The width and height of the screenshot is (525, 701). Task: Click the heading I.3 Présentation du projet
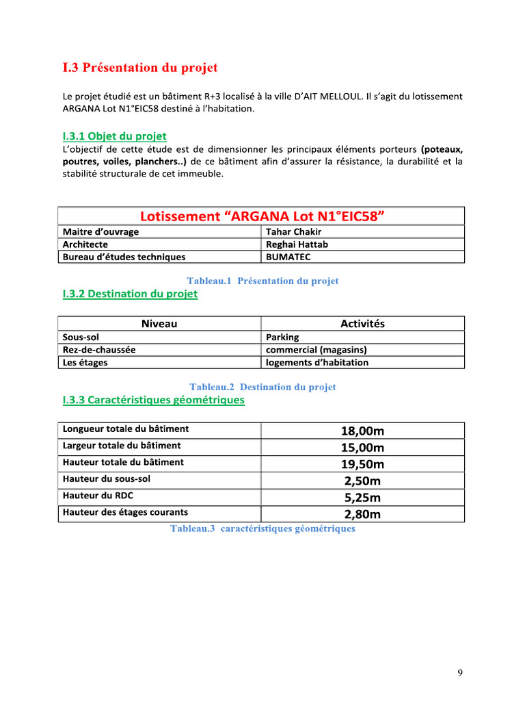click(140, 68)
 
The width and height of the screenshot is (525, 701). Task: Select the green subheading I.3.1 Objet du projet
click(114, 136)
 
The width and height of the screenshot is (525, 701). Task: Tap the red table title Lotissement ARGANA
click(262, 216)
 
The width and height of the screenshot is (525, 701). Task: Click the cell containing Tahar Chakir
click(293, 231)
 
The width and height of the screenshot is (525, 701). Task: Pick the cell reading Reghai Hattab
click(297, 244)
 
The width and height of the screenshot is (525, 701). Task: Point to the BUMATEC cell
click(288, 257)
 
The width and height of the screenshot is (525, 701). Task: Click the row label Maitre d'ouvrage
click(100, 231)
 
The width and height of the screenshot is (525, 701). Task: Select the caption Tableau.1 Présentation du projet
click(262, 281)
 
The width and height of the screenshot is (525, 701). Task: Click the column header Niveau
click(159, 324)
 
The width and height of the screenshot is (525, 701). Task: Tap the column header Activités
click(362, 324)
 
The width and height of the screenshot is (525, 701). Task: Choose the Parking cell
click(282, 337)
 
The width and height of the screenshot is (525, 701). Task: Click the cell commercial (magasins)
click(316, 350)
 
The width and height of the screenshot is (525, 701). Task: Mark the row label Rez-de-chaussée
click(99, 350)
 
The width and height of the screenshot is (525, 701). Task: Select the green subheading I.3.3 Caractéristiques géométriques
click(153, 400)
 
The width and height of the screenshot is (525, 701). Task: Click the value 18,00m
click(362, 431)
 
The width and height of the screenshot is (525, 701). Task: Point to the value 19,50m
click(362, 464)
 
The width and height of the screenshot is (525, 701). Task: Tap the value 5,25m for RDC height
click(362, 498)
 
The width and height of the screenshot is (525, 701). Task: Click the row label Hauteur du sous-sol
click(107, 479)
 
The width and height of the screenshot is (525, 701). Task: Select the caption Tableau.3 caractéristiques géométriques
click(262, 528)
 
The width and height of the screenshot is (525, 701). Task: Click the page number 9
click(460, 673)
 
